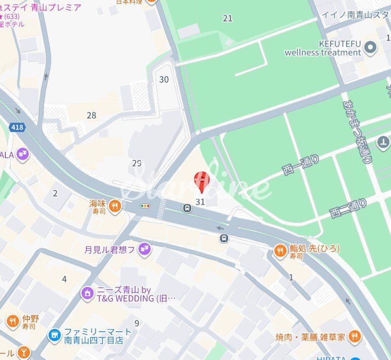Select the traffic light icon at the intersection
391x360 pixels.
coord(145,206)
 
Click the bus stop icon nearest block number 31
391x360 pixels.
coord(187,208)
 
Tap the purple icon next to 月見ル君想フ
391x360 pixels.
coord(144,250)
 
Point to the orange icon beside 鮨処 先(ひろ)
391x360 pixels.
coord(280,251)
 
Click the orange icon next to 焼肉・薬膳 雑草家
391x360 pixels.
coord(354,336)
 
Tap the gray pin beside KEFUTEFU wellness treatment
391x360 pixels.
coord(371,47)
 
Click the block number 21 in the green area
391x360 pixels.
coord(228,18)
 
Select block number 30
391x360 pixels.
coord(164,79)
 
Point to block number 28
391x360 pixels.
coord(91,115)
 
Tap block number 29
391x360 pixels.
coord(137,163)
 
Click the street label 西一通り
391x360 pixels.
coord(301,165)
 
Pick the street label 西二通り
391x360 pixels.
coord(348,208)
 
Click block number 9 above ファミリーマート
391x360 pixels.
coord(137,322)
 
